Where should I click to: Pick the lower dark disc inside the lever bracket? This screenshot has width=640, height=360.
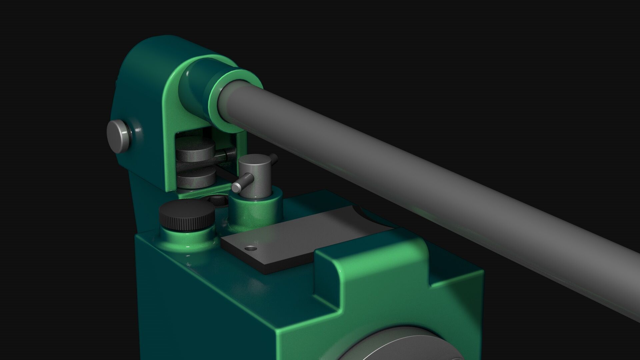[x=195, y=177]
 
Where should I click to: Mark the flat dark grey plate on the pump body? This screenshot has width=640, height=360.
[x=293, y=240]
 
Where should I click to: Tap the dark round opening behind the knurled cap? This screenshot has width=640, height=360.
[x=217, y=200]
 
